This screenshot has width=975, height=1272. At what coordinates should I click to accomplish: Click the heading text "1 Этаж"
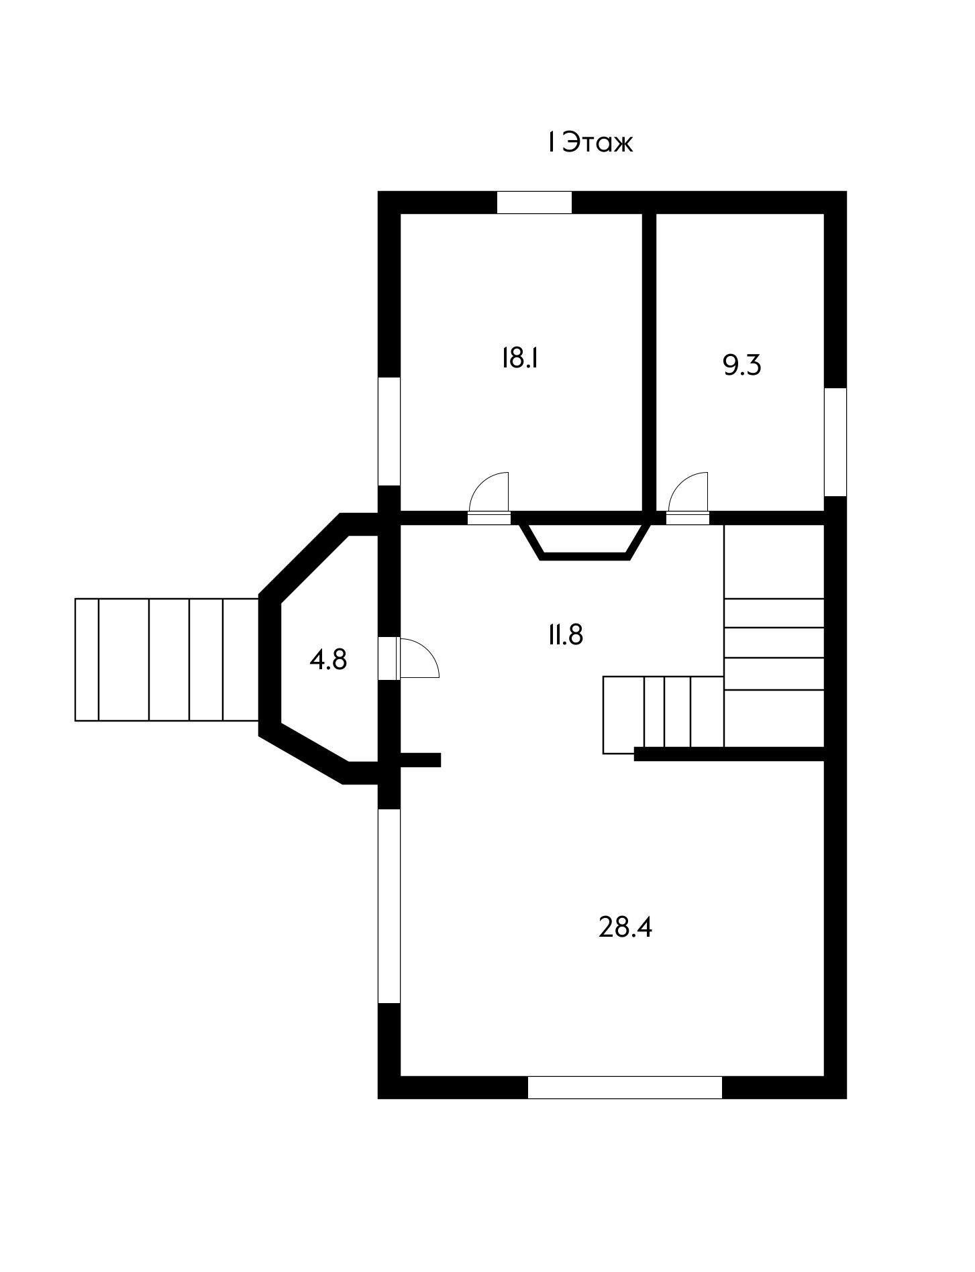[590, 143]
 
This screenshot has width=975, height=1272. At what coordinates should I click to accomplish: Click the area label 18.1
[521, 358]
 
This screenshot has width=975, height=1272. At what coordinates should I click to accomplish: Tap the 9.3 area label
[742, 365]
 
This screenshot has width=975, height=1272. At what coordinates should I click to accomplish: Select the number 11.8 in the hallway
[565, 634]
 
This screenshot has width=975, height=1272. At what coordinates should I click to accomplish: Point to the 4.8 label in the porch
[328, 660]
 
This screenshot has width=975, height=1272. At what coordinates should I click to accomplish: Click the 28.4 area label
[625, 928]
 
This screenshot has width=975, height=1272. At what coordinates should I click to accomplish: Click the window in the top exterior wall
[534, 203]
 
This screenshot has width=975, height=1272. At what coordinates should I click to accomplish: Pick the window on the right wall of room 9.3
[835, 442]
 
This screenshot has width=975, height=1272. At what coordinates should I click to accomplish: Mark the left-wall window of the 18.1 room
[389, 431]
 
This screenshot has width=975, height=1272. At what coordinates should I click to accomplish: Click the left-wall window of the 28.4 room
[389, 906]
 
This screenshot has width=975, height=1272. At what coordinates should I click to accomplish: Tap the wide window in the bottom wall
[625, 1088]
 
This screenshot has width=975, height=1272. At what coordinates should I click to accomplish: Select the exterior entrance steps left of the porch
[167, 659]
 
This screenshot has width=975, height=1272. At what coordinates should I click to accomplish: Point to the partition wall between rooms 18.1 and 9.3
[649, 362]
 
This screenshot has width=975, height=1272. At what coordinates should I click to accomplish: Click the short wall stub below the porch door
[420, 760]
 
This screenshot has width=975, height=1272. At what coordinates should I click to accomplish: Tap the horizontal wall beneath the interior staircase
[729, 754]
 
